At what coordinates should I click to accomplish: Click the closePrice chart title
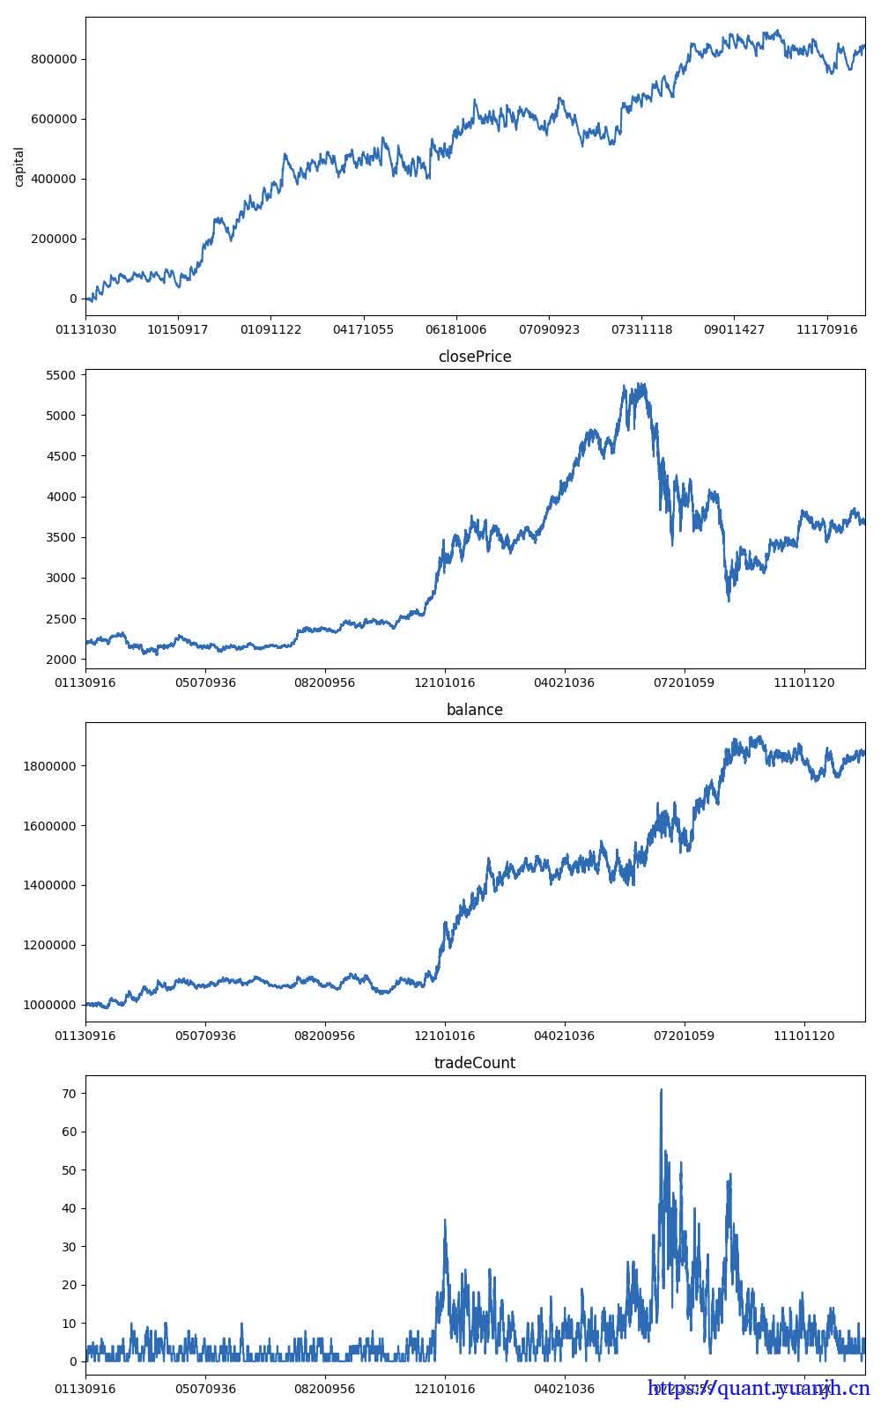475,357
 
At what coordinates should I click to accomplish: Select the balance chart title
475,710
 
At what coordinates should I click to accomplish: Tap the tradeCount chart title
475,1063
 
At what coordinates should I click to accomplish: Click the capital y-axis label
19,166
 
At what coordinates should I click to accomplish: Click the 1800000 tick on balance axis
49,766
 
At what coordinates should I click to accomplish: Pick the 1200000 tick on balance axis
49,945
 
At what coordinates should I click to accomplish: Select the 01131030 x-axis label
85,330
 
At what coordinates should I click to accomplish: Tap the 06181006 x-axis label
456,330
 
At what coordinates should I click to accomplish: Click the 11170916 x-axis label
826,330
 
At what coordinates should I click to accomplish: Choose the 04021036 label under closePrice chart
564,682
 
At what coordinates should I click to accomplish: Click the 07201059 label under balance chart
684,1036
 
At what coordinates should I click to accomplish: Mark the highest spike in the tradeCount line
661,1090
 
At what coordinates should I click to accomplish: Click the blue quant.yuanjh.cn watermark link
759,1389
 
